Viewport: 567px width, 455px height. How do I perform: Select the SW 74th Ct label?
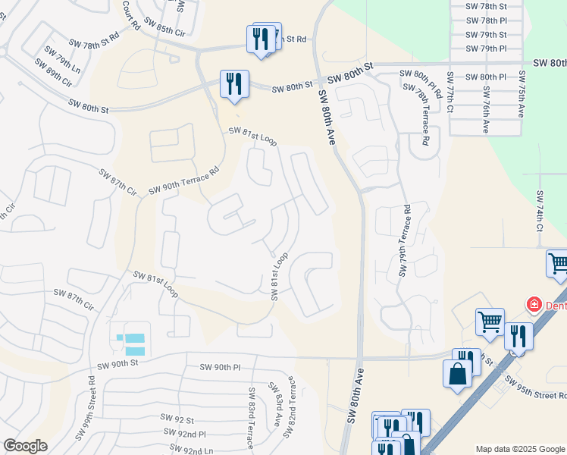pos(539,213)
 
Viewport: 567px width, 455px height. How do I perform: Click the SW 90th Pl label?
pos(220,367)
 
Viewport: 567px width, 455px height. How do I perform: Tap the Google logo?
pos(25,446)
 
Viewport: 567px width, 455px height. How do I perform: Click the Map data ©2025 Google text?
pos(519,448)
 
